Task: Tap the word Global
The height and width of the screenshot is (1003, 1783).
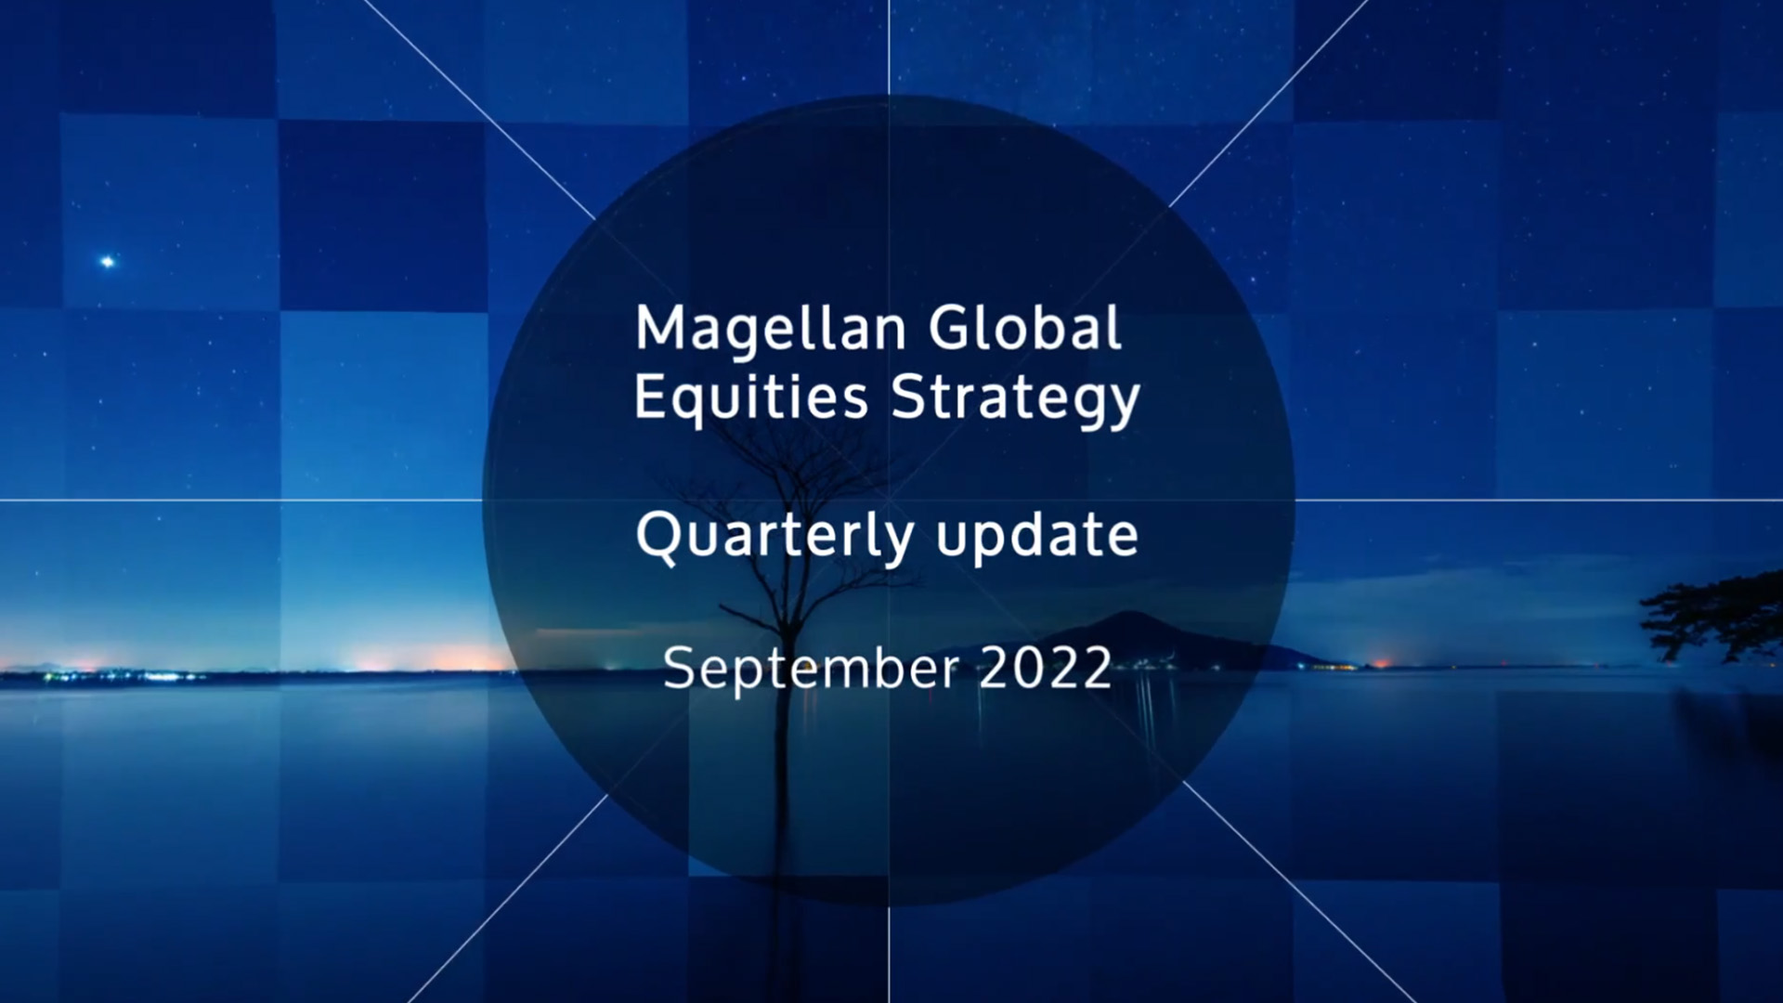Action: click(x=1025, y=328)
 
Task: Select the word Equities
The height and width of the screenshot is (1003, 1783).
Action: click(x=751, y=398)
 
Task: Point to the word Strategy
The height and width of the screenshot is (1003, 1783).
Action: click(x=1015, y=400)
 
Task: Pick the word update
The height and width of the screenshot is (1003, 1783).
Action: click(x=1036, y=538)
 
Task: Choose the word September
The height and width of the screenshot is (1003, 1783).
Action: click(x=811, y=670)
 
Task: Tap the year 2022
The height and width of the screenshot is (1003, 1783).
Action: click(x=1046, y=668)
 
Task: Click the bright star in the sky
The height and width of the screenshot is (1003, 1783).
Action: click(x=108, y=262)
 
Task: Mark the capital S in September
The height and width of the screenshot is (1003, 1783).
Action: click(x=681, y=669)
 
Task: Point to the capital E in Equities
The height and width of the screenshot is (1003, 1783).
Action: click(x=651, y=397)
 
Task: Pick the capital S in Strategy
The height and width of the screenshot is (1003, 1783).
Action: click(x=909, y=397)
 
